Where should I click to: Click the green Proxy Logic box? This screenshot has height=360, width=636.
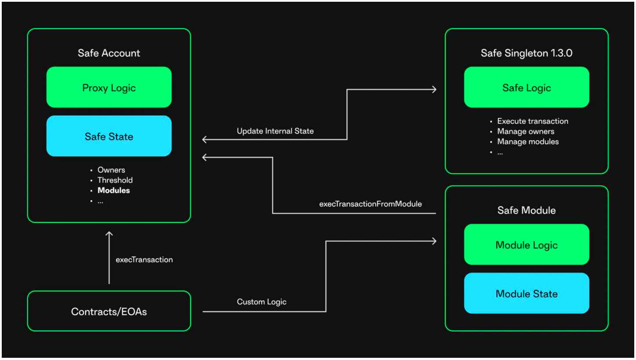(109, 87)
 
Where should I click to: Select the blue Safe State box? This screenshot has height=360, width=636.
(109, 136)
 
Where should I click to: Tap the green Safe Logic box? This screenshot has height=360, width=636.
(527, 87)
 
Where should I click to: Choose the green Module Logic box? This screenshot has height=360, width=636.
(527, 244)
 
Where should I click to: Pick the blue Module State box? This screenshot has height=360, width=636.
(527, 293)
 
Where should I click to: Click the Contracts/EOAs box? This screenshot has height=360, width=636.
(109, 311)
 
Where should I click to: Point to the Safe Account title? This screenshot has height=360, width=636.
(109, 53)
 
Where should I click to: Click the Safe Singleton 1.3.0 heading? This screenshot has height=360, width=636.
(527, 53)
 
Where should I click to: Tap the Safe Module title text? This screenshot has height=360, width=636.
(527, 210)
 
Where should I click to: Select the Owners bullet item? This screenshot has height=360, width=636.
(111, 170)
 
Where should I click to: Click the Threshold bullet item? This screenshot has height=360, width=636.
(115, 180)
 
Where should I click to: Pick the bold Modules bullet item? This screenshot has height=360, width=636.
(114, 190)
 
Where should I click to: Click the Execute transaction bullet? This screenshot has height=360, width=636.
(533, 121)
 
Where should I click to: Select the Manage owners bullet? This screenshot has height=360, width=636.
(526, 131)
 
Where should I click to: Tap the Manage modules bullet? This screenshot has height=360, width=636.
(528, 142)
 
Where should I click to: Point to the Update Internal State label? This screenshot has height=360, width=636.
(275, 131)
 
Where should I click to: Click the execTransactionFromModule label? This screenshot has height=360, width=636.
(371, 204)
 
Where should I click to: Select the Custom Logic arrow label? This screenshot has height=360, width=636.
(261, 302)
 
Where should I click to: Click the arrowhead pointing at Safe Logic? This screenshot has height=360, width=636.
(435, 90)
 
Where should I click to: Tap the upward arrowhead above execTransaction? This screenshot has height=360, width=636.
(109, 233)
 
